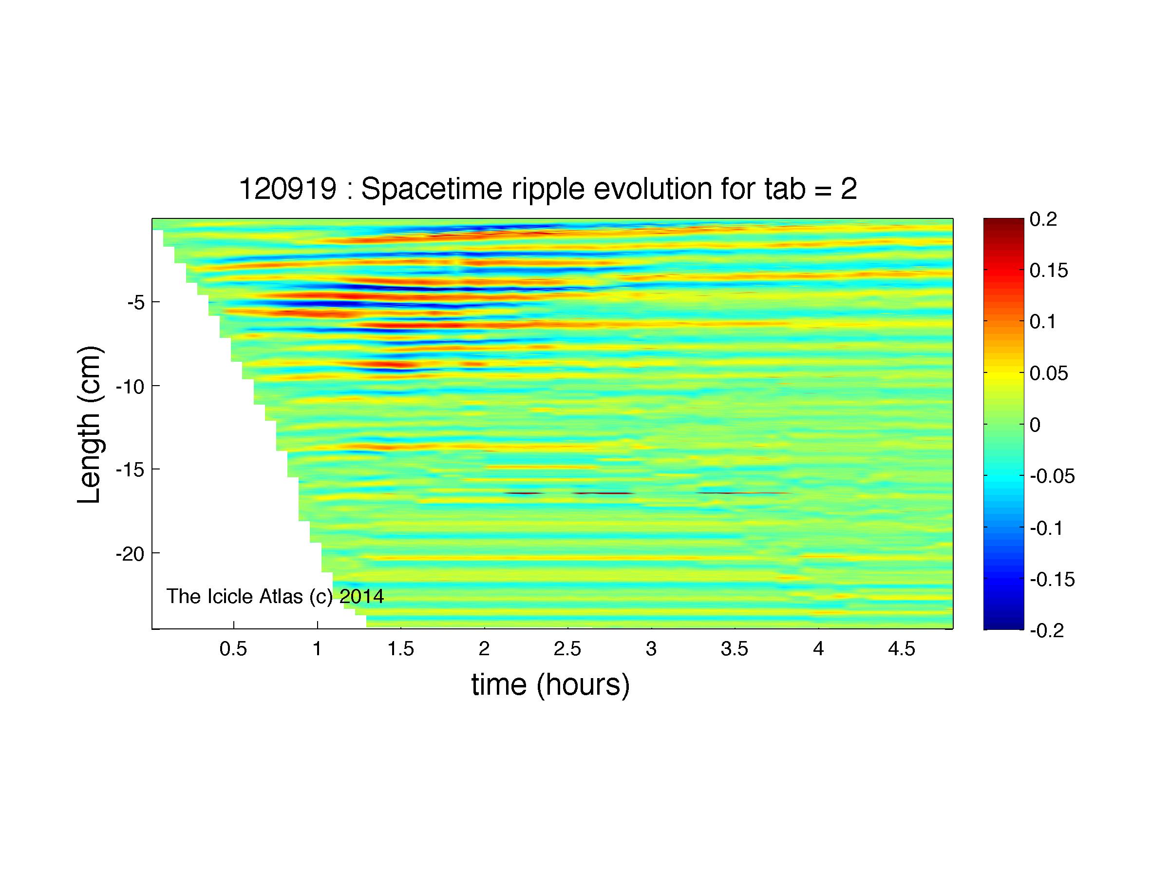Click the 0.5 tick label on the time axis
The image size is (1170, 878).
[233, 649]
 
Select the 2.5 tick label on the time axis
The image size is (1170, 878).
[567, 649]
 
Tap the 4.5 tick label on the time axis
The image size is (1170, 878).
[902, 649]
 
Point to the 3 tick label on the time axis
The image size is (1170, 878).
[651, 649]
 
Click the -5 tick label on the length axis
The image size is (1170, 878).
[135, 303]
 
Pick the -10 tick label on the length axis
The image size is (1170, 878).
[131, 387]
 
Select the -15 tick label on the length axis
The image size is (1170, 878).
[131, 470]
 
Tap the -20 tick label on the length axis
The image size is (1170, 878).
[131, 554]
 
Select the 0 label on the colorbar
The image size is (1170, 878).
[1035, 425]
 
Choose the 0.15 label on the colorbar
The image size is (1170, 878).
[1049, 271]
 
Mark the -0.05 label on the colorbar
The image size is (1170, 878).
[1053, 476]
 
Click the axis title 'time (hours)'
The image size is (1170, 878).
[550, 685]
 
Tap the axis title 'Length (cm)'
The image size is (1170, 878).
[89, 425]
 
